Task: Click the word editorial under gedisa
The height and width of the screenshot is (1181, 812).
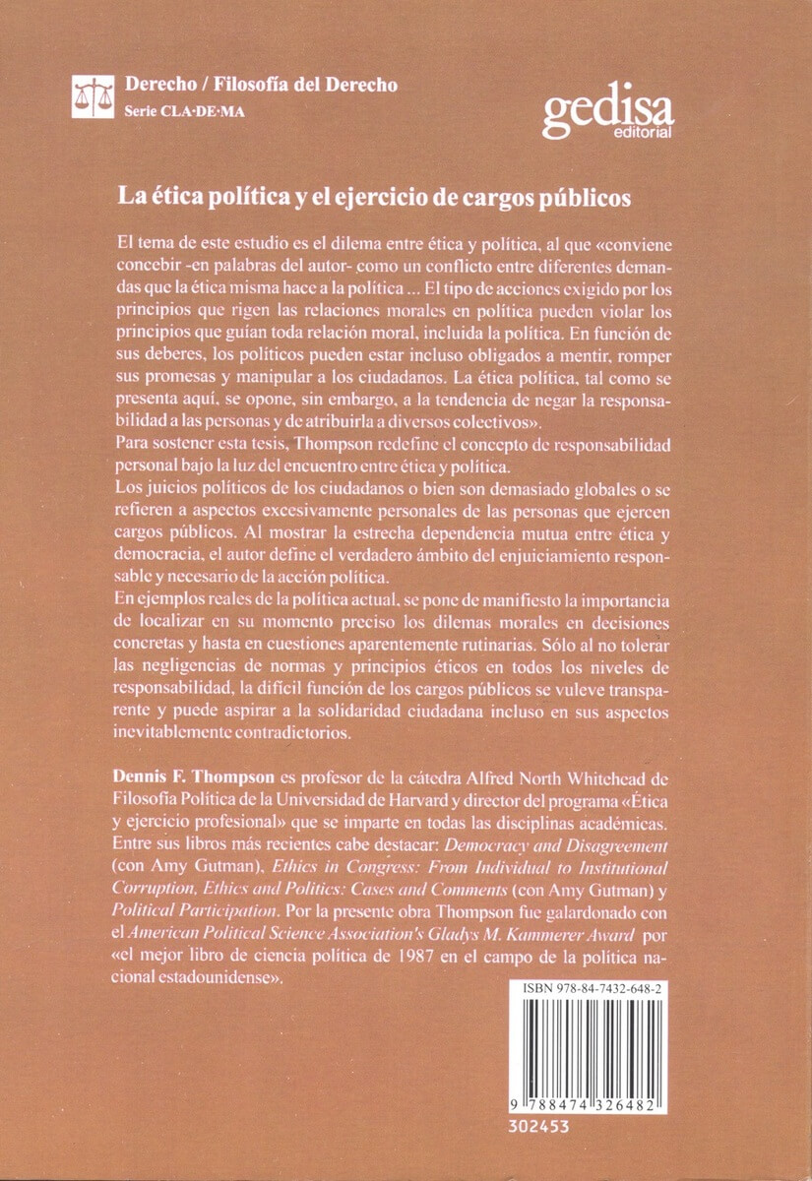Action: tap(643, 132)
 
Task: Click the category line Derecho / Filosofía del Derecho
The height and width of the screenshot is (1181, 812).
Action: tap(261, 85)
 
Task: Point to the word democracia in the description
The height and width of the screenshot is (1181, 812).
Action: tap(158, 556)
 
